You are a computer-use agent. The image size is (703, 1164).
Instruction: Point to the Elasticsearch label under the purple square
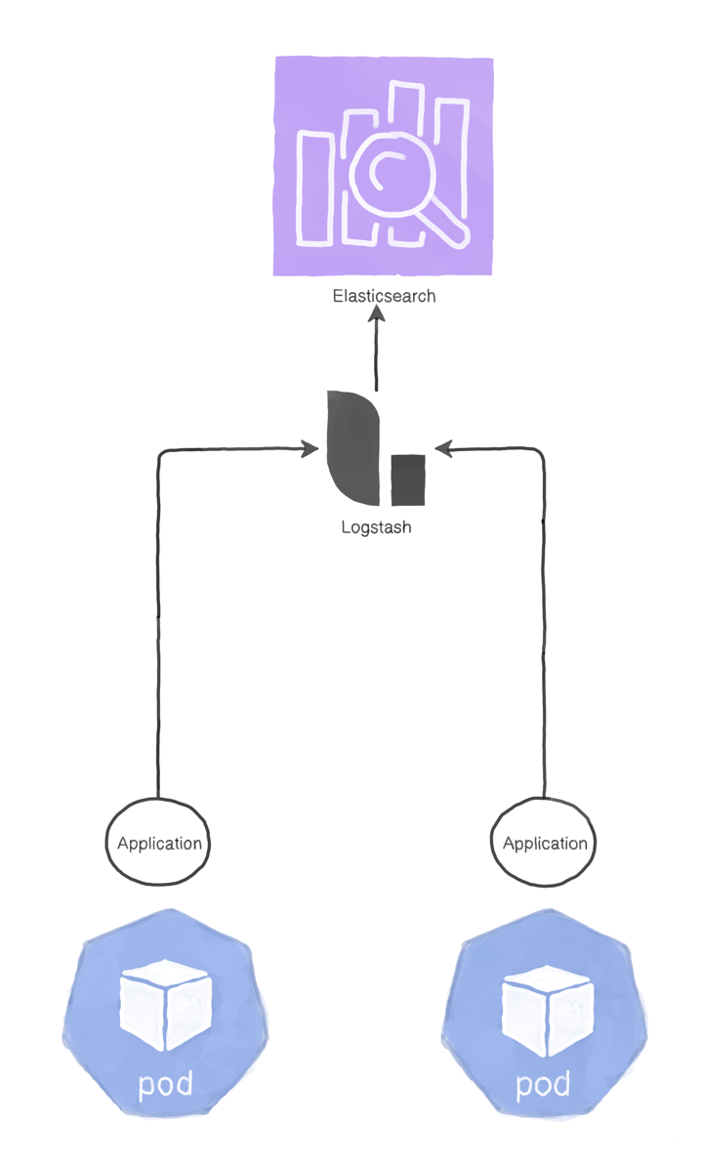(384, 296)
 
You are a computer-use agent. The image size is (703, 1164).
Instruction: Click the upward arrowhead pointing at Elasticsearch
(377, 315)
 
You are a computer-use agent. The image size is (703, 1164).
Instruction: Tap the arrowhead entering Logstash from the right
(441, 450)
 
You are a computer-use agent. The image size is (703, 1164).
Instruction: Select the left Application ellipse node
(157, 843)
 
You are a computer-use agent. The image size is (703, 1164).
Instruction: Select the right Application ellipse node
(543, 843)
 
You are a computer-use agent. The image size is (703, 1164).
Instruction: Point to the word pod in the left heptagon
(165, 1083)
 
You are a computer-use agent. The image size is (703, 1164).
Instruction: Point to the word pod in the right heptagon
(542, 1085)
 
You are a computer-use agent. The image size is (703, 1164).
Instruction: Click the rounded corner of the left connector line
(162, 454)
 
